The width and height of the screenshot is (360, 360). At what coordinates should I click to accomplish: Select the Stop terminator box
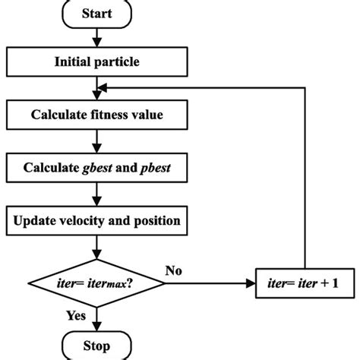[x=96, y=348]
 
